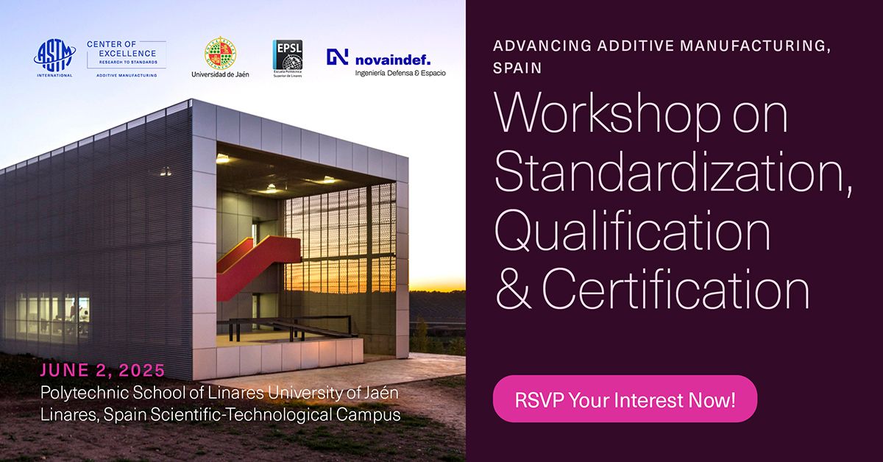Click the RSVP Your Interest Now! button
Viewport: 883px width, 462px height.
point(625,402)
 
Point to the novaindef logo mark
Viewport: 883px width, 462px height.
point(338,57)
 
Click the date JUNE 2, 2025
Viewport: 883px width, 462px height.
point(103,370)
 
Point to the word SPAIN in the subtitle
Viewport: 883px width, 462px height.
point(517,68)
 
